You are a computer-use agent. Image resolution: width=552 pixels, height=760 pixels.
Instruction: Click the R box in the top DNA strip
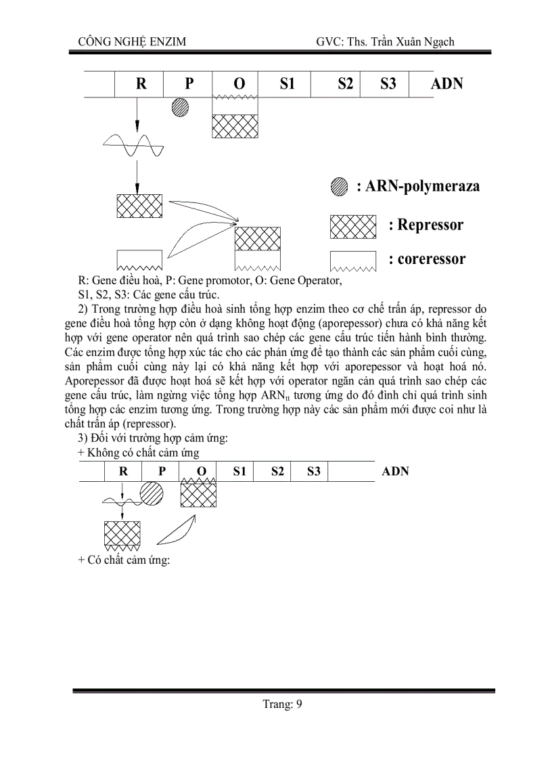pos(141,84)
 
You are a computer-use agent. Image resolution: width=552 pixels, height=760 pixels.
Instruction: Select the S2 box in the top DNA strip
pos(344,84)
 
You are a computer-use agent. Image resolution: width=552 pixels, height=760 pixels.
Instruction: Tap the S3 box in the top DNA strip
pos(388,84)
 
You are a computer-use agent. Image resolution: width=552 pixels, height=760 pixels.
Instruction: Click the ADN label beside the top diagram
pos(446,84)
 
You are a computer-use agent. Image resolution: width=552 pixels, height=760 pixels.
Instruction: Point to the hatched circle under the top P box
pos(180,107)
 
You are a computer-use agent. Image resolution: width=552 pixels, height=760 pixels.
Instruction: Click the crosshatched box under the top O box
pos(235,126)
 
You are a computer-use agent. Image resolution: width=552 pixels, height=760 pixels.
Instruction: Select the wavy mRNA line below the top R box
pos(132,145)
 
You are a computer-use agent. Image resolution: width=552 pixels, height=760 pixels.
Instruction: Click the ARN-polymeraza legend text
pos(418,187)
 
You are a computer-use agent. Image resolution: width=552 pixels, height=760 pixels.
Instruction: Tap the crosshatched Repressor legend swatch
pos(352,227)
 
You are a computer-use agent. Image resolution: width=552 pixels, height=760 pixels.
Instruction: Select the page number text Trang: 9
pos(282,705)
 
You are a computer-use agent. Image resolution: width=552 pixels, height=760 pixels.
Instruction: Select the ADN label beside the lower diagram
pos(396,471)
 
